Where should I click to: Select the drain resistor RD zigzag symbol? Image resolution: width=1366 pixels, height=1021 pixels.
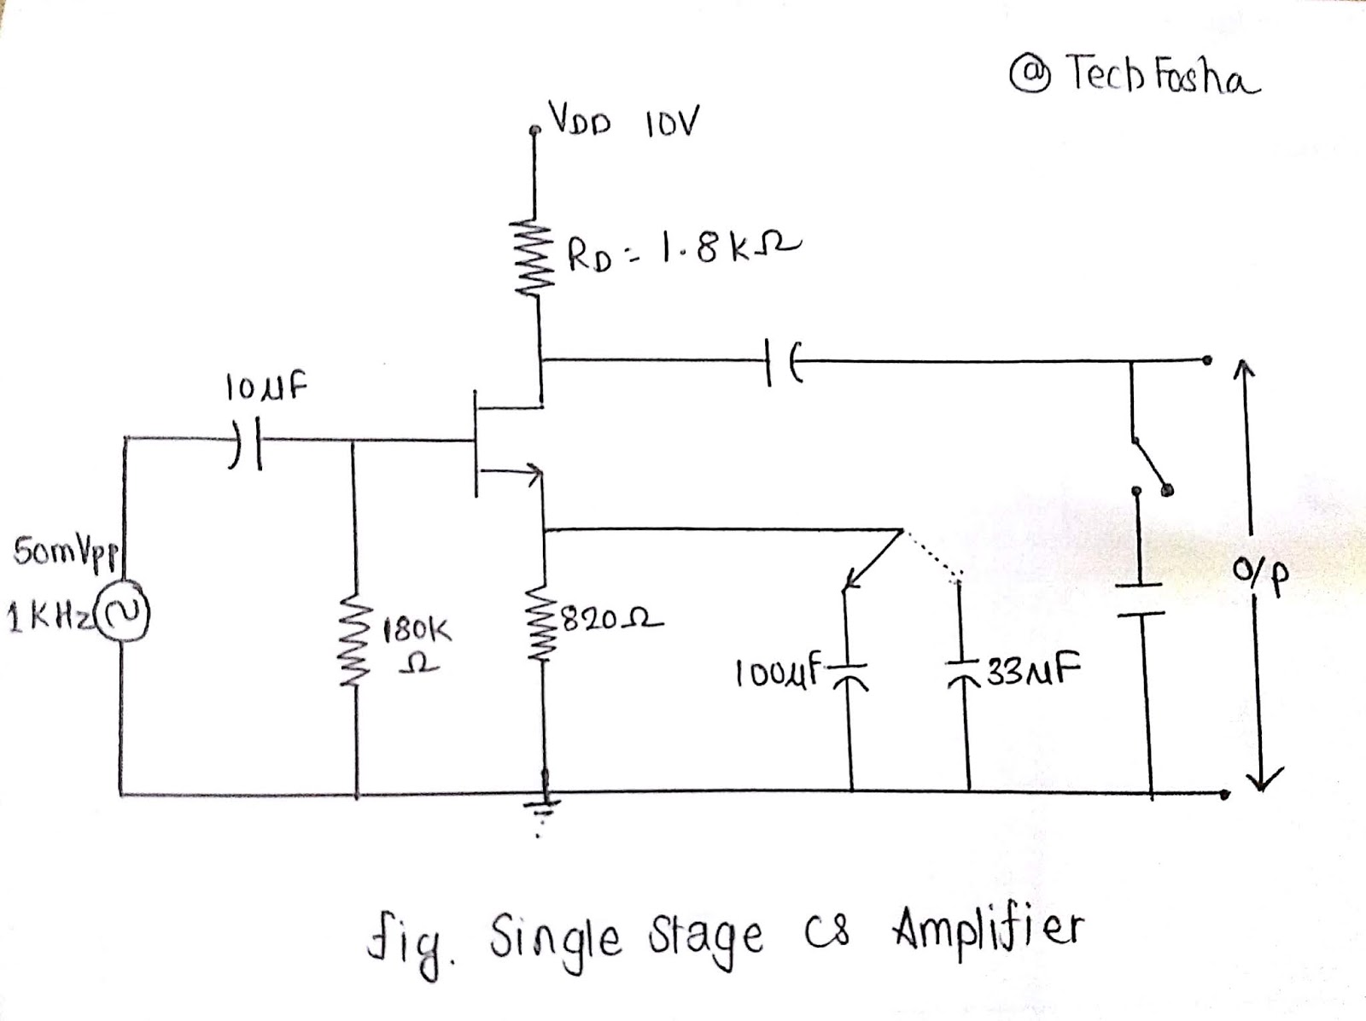tap(535, 256)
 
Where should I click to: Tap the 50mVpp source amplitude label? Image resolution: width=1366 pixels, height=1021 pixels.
tap(66, 551)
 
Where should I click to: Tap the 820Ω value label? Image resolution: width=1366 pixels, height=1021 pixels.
tap(610, 619)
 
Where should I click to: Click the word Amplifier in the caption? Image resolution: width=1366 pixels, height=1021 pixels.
tap(989, 930)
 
